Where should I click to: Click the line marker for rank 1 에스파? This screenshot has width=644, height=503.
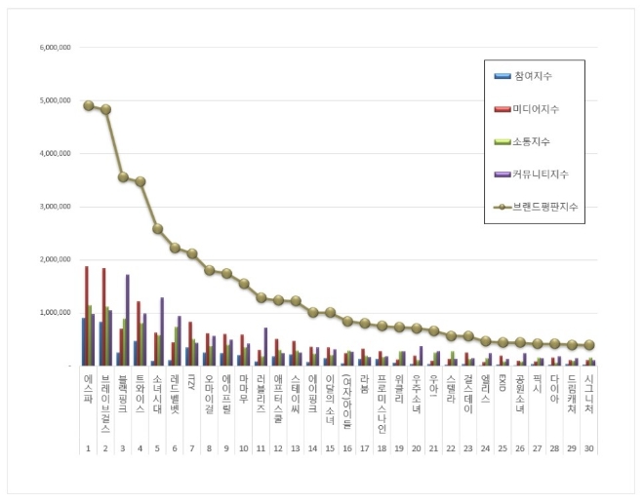[x=88, y=105]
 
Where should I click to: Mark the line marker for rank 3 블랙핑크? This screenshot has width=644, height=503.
[x=123, y=177]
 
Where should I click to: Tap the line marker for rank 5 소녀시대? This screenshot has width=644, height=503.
[x=158, y=229]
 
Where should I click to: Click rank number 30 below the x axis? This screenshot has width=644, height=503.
[x=589, y=449]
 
